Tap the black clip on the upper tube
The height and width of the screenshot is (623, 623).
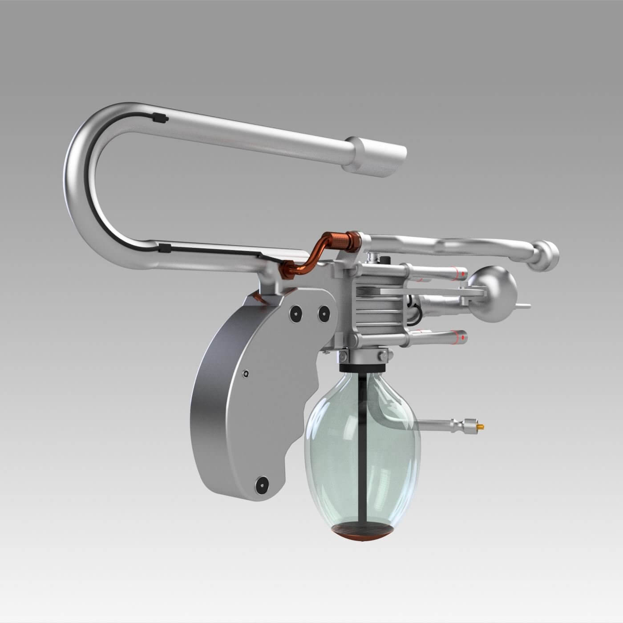pos(159,118)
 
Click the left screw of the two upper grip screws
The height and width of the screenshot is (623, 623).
pos(295,314)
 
